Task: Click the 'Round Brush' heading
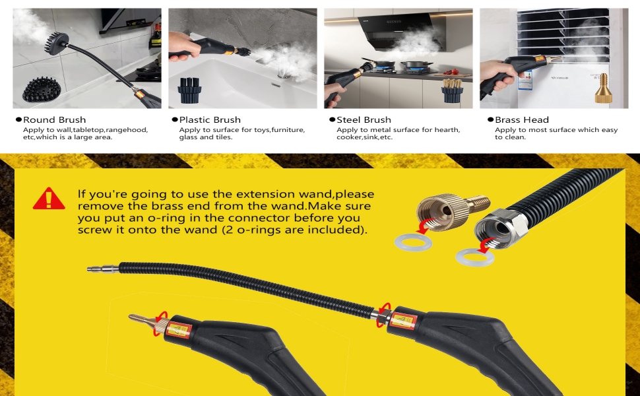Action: click(x=54, y=119)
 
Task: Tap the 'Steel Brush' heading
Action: click(x=364, y=119)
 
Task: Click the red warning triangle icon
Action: click(x=48, y=198)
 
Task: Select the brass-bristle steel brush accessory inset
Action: click(x=452, y=90)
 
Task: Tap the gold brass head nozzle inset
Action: click(x=602, y=88)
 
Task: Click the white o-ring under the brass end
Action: click(x=412, y=242)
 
